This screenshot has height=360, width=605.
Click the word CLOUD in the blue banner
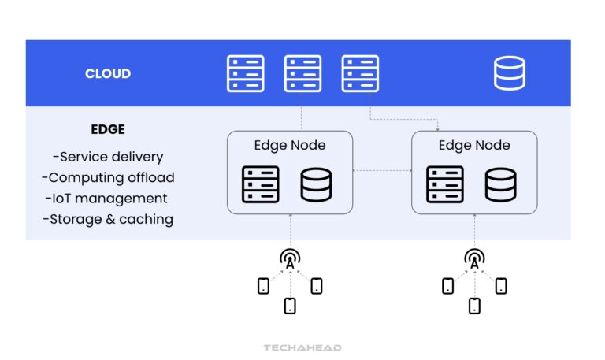coord(108,74)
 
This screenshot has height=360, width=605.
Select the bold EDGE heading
coord(107,129)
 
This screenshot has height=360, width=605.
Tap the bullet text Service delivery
coord(107,156)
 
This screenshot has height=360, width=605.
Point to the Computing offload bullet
coord(108,177)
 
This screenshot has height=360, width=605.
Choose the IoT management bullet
coord(108,199)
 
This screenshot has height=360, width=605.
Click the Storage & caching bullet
coord(108,219)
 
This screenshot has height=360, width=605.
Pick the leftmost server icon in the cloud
coord(245,74)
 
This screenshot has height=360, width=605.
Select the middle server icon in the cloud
coord(302,74)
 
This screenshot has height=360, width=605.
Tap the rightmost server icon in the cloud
coord(360,74)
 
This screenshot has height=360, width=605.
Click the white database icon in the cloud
coord(509,74)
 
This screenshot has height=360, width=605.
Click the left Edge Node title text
coord(290,145)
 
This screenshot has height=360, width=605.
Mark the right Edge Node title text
coord(474,145)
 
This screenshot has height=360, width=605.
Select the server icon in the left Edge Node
coord(260,184)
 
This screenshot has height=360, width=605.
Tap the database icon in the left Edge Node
coord(316,184)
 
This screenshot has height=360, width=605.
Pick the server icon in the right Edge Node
coord(445,184)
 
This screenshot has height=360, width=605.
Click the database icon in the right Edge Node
coord(500,184)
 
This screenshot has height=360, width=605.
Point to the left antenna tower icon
coord(290,258)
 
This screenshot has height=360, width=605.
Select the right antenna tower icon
coord(474,258)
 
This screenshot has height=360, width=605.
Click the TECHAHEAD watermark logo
coord(302,347)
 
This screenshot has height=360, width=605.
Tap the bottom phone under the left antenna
coord(290,306)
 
